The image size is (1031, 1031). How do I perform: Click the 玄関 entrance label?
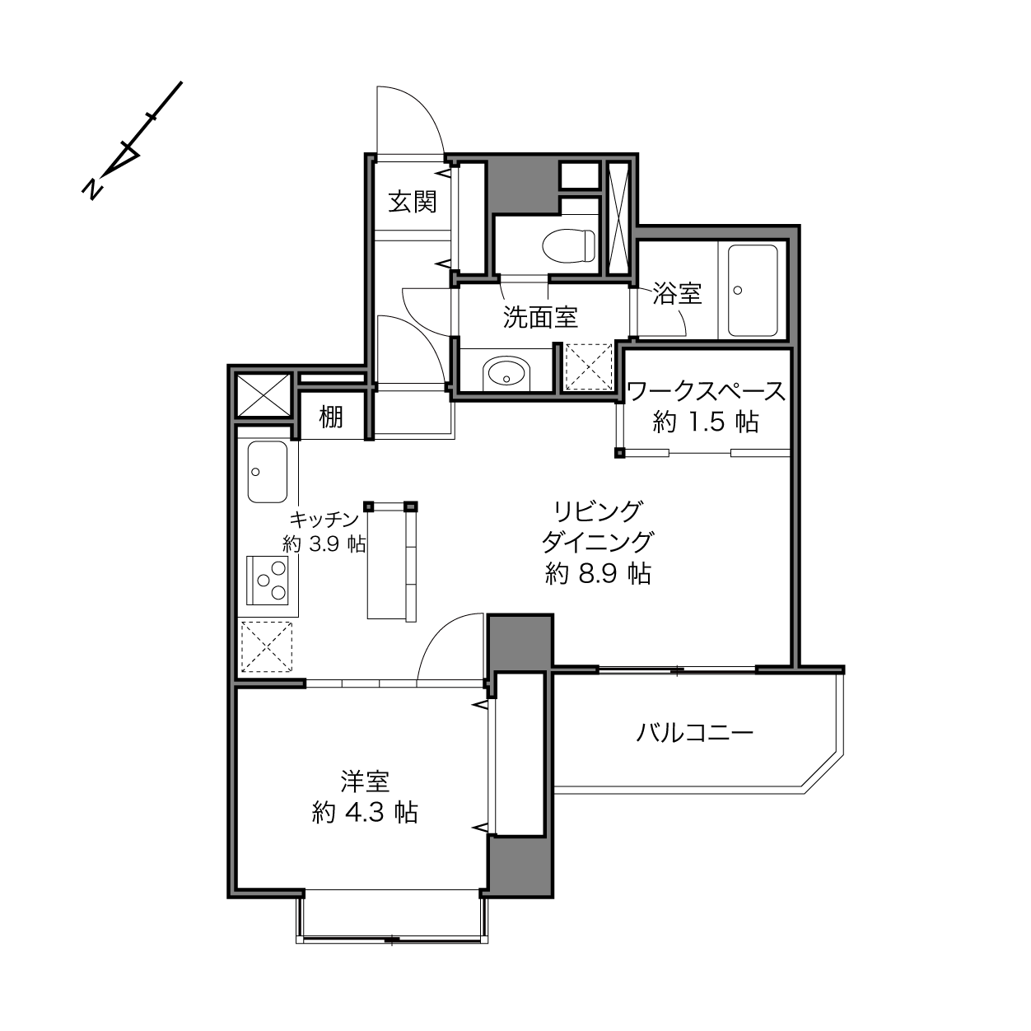(412, 202)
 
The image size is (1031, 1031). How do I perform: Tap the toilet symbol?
(569, 246)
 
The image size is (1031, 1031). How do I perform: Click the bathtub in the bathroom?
(752, 291)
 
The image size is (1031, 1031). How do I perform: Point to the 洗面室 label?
(540, 317)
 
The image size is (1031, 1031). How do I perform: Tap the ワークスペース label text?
(705, 391)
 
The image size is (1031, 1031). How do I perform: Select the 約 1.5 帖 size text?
(705, 422)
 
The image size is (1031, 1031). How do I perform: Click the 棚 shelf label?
(331, 417)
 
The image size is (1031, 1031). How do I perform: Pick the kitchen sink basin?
(267, 472)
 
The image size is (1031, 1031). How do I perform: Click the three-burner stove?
(267, 580)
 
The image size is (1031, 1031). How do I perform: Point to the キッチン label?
(324, 519)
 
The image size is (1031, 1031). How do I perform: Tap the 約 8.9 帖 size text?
(598, 573)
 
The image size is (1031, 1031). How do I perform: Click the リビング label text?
(598, 511)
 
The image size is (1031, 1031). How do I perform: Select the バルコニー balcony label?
(694, 732)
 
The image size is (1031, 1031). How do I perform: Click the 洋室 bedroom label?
(365, 781)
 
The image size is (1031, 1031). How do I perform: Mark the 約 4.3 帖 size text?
(365, 813)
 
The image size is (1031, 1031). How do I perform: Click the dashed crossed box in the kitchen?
(267, 646)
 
